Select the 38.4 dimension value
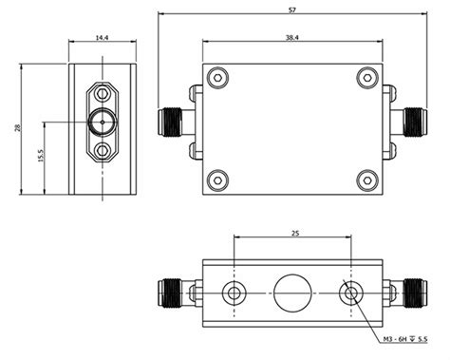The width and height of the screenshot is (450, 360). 292,36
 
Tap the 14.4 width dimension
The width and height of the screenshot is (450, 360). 101,37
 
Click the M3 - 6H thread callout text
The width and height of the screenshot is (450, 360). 404,339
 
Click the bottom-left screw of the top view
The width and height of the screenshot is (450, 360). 218,178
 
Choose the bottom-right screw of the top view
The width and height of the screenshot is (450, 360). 366,178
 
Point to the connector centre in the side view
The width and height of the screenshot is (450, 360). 101,122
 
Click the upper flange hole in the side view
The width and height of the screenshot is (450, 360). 101,94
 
